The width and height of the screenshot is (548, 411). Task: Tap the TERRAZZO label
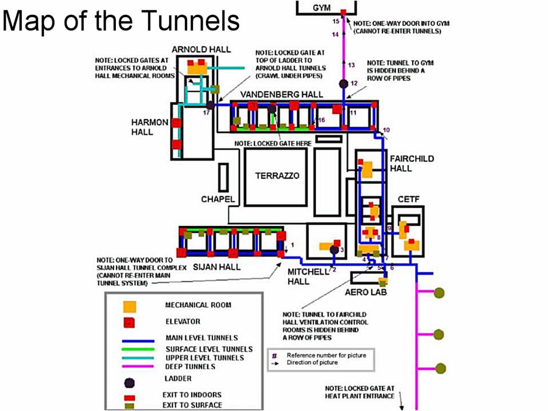click(x=277, y=176)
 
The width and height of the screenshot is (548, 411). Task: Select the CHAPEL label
click(x=218, y=199)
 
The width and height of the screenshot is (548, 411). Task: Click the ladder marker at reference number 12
click(x=344, y=84)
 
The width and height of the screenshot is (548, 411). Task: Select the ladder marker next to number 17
click(x=210, y=106)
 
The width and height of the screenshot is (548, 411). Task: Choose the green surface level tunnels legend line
click(x=138, y=349)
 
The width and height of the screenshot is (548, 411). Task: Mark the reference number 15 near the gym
click(x=336, y=21)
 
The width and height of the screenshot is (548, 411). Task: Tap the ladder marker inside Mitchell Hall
click(x=334, y=249)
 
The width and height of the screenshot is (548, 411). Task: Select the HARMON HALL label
click(x=150, y=127)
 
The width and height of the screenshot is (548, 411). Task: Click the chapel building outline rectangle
click(x=223, y=177)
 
